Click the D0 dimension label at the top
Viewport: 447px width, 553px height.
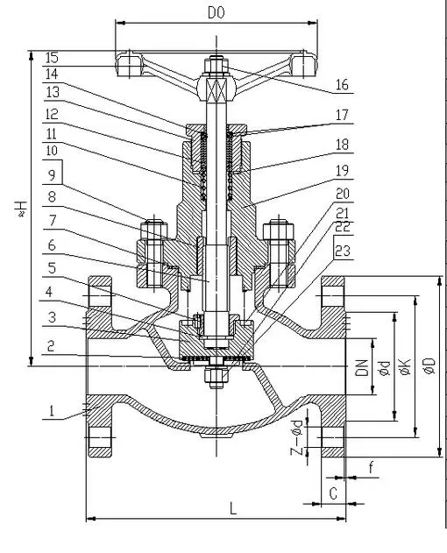[216, 13]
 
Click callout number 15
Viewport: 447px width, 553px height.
[52, 58]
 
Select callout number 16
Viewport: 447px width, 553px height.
[342, 85]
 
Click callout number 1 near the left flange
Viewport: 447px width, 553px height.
[52, 411]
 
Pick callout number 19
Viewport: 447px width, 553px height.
[342, 171]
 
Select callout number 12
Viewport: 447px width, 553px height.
[52, 114]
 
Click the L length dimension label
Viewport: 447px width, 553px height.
[233, 509]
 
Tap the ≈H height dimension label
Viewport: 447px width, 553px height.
[21, 209]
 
